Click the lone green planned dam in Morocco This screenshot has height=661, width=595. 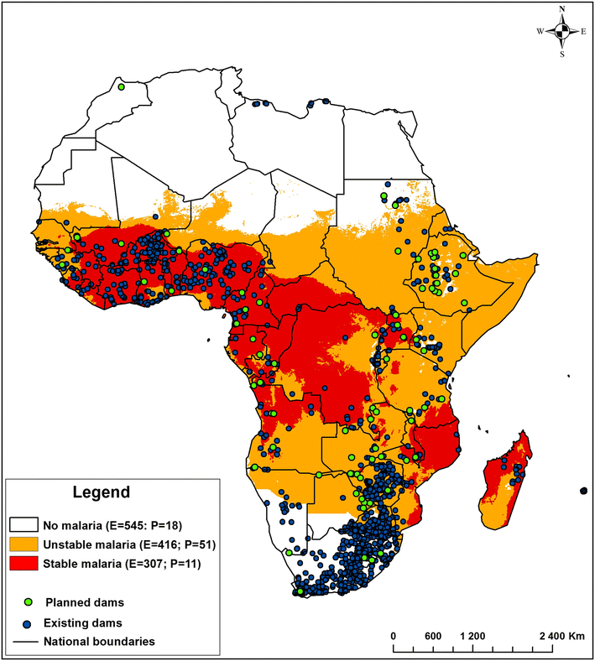pos(121,86)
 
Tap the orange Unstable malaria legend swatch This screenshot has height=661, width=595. pos(23,544)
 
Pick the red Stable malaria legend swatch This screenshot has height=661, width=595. pos(23,564)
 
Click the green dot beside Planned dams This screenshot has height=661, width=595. pos(29,601)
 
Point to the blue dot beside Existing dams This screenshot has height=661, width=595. pos(29,622)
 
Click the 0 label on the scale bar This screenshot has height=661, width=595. pos(394,635)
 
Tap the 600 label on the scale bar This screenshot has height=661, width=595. pos(433,635)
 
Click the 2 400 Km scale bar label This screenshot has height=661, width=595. pos(560,635)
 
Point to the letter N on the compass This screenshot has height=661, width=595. pos(564,10)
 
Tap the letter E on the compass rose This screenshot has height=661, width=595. pos(585,31)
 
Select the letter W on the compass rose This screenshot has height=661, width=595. pos(541,31)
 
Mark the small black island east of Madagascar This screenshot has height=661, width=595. pos(583,490)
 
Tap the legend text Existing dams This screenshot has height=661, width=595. pos(84,622)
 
